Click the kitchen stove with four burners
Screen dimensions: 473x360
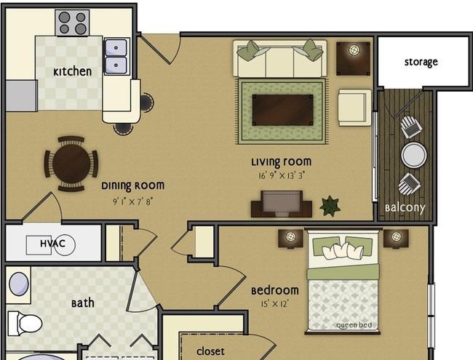coord(72,23)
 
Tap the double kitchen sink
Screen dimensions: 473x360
coord(116,57)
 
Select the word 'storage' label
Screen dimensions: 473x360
coord(421,62)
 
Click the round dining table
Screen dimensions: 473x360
coord(71,164)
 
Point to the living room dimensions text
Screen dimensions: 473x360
coord(282,175)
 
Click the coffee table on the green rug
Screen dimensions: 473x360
coord(282,110)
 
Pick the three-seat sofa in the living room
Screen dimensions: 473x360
coord(279,59)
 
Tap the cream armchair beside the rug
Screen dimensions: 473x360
coord(355,108)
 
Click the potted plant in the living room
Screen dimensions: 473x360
coord(330,207)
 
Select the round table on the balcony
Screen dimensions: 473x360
coord(414,155)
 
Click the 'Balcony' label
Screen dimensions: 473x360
coord(405,208)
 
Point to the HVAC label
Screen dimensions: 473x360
coord(53,244)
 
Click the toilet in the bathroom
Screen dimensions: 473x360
coord(25,324)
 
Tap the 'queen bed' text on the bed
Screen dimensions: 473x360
coord(354,325)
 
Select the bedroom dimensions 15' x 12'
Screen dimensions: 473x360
coord(275,303)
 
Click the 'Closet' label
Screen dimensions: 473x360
coord(210,351)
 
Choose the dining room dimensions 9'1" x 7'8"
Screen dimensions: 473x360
coord(133,201)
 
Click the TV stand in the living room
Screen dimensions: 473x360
coord(282,204)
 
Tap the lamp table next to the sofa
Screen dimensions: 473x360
coord(353,58)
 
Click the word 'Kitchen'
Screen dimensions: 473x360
coord(72,72)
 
